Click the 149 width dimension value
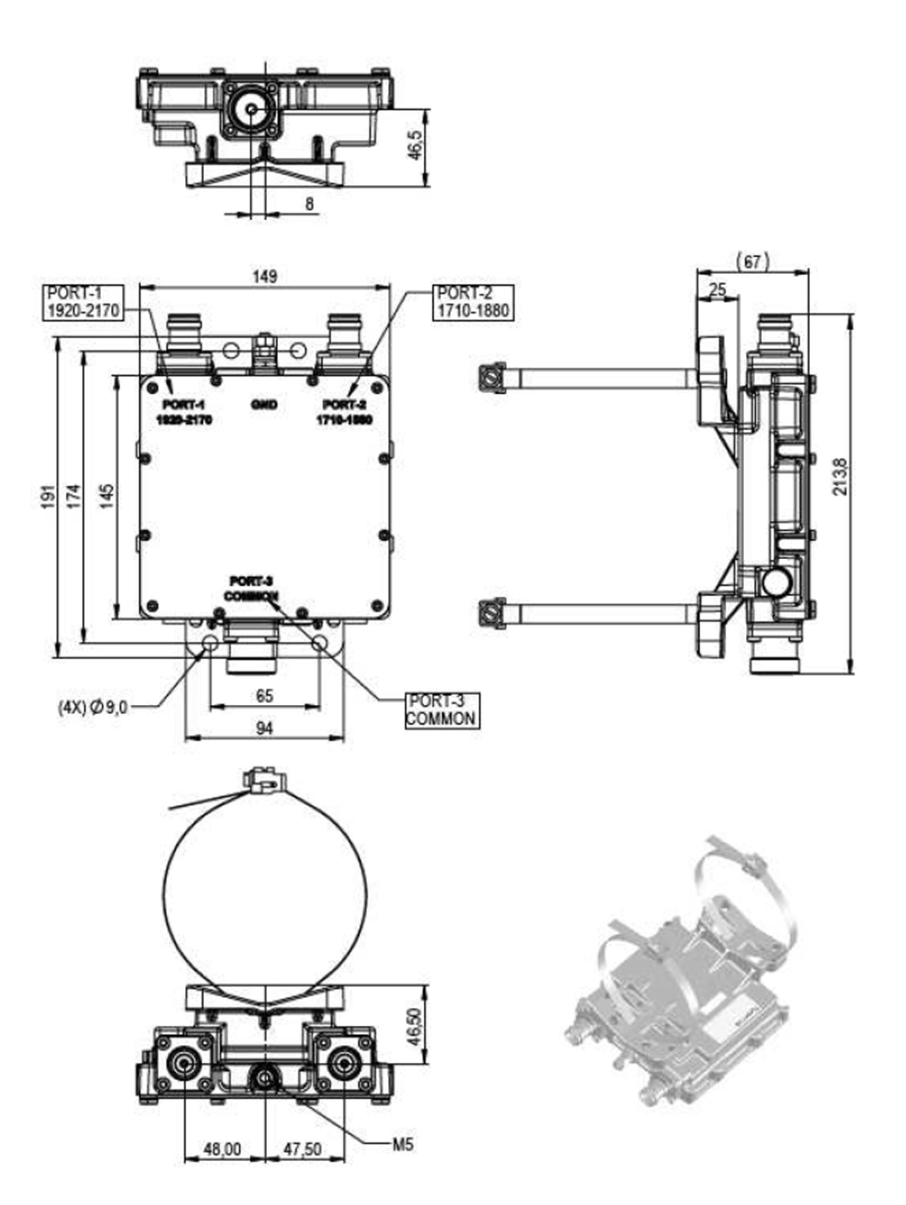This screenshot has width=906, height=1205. click(x=265, y=276)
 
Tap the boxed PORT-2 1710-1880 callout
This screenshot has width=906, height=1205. click(x=473, y=302)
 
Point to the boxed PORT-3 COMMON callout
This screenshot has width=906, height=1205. click(x=441, y=711)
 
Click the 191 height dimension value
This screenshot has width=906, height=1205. click(x=49, y=496)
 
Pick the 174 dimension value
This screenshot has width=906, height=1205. click(x=74, y=496)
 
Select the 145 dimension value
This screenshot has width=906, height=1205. click(x=108, y=496)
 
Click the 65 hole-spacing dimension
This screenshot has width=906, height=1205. click(x=264, y=696)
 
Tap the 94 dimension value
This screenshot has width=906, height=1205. click(x=264, y=728)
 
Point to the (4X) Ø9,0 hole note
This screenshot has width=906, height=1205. click(x=93, y=707)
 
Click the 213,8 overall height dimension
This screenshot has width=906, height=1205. click(x=841, y=477)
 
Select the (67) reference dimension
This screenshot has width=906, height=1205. click(x=753, y=262)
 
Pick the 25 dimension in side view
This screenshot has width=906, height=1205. click(x=718, y=290)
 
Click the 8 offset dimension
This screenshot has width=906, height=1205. click(x=309, y=205)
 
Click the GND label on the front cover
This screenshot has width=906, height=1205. click(x=264, y=405)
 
